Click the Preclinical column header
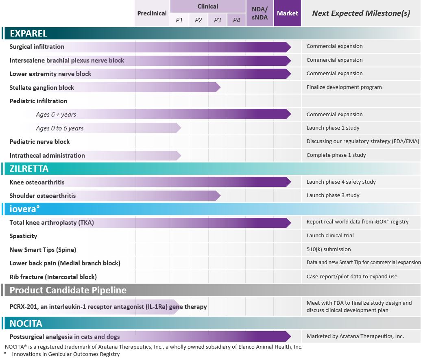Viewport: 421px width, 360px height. [x=152, y=13]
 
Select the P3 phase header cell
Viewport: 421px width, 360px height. [x=217, y=20]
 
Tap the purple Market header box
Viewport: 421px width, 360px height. [x=287, y=13]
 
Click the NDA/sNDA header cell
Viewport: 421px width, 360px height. [x=260, y=13]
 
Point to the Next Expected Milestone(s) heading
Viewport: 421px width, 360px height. [x=361, y=13]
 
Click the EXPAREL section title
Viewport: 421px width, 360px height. [x=28, y=33]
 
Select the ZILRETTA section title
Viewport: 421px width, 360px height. [x=29, y=169]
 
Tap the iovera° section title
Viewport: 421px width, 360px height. [x=25, y=209]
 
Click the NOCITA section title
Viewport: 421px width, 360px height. [x=26, y=323]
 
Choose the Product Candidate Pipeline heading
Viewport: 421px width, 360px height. [x=68, y=290]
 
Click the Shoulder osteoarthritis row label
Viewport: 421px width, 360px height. [x=43, y=195]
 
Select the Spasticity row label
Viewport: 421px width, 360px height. [x=23, y=236]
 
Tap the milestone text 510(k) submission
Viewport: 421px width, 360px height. [x=329, y=249]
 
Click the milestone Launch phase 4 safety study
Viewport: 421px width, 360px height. [x=341, y=182]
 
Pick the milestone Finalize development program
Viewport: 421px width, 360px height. [x=344, y=87]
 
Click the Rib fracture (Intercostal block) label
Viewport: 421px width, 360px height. [x=53, y=277]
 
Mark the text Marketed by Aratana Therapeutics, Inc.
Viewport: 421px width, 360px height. [x=355, y=336]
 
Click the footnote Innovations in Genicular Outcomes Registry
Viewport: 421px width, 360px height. [x=66, y=354]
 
